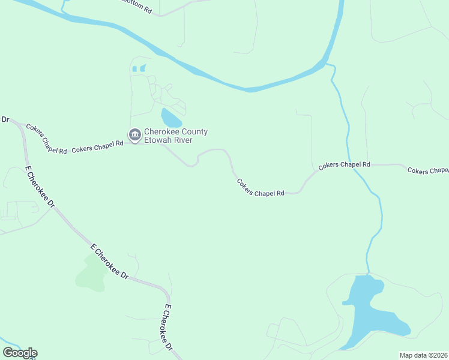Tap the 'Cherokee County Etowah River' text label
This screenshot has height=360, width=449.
tap(175, 136)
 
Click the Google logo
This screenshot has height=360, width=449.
tap(20, 353)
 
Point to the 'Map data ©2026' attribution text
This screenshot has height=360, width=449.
tap(423, 355)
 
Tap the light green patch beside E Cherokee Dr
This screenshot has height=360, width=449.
tap(92, 273)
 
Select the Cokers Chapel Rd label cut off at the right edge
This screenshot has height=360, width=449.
tap(427, 170)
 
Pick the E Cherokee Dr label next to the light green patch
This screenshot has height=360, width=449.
tap(110, 261)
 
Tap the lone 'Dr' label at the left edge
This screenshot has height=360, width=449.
tap(5, 119)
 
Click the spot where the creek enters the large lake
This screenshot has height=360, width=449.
tap(367, 275)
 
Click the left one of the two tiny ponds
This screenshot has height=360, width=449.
tap(134, 69)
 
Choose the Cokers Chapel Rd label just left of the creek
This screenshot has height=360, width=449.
tap(344, 164)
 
